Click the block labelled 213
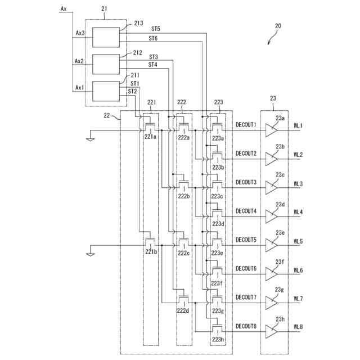[106, 37]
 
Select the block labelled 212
[106, 64]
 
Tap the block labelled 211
[106, 91]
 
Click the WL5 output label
[298, 242]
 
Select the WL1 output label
[298, 126]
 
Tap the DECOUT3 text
[246, 182]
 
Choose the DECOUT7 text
[246, 297]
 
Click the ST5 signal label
[155, 28]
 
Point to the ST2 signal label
[133, 91]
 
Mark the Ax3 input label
[80, 33]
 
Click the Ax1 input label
[80, 88]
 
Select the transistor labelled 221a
[150, 127]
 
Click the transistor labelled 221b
[150, 242]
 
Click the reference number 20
[278, 26]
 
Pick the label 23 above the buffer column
[273, 98]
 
